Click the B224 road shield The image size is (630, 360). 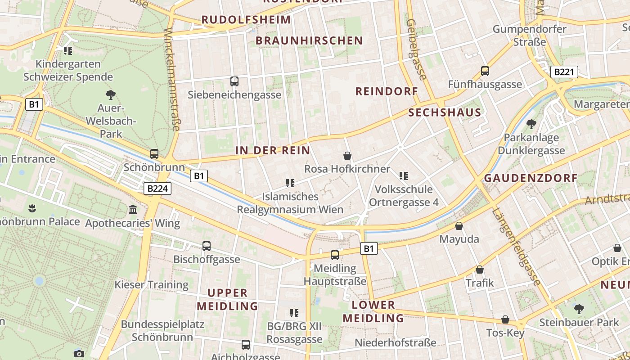pyautogui.click(x=157, y=189)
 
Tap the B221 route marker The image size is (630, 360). pyautogui.click(x=564, y=72)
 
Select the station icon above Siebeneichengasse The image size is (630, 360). pyautogui.click(x=234, y=81)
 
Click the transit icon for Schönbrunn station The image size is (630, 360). pyautogui.click(x=154, y=154)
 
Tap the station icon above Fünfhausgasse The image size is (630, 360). pyautogui.click(x=485, y=71)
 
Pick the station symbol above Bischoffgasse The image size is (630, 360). pyautogui.click(x=206, y=246)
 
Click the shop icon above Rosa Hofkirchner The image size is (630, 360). pyautogui.click(x=347, y=156)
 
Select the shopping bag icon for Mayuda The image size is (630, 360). pyautogui.click(x=459, y=225)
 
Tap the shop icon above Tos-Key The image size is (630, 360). pyautogui.click(x=505, y=319)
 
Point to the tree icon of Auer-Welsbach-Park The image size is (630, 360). pyautogui.click(x=110, y=95)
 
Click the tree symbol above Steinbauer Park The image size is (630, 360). pyautogui.click(x=579, y=309)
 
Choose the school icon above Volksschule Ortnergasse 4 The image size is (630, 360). pyautogui.click(x=403, y=175)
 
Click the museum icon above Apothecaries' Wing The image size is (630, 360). pyautogui.click(x=132, y=210)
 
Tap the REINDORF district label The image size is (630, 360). pyautogui.click(x=387, y=91)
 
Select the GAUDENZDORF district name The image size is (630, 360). pyautogui.click(x=531, y=178)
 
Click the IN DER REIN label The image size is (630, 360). pyautogui.click(x=273, y=150)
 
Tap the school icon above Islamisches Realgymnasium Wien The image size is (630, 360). pyautogui.click(x=290, y=183)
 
